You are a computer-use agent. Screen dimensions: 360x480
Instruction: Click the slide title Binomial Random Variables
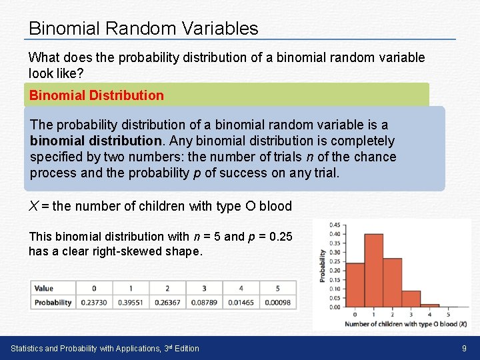[143, 28]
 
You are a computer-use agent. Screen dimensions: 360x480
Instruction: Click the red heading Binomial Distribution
[96, 95]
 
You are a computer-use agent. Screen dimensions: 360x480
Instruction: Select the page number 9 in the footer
[464, 348]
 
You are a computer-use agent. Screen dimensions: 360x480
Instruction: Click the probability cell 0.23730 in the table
[94, 302]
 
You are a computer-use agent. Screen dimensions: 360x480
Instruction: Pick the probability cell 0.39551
[131, 302]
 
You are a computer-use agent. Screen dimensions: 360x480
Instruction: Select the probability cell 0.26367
[167, 302]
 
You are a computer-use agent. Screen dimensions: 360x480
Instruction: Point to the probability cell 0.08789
[204, 302]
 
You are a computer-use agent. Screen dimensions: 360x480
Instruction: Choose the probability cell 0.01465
[241, 302]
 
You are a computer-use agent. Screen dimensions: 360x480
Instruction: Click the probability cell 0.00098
[277, 302]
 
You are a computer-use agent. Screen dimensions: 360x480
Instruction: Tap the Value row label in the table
[44, 288]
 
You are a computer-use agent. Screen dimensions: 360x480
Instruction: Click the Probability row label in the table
[53, 302]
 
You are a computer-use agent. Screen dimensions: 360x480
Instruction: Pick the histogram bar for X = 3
[411, 299]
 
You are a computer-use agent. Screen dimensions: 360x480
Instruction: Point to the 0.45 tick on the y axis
[335, 225]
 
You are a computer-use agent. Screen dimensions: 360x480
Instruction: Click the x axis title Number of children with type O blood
[405, 324]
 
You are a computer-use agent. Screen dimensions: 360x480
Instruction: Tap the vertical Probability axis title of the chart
[323, 265]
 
